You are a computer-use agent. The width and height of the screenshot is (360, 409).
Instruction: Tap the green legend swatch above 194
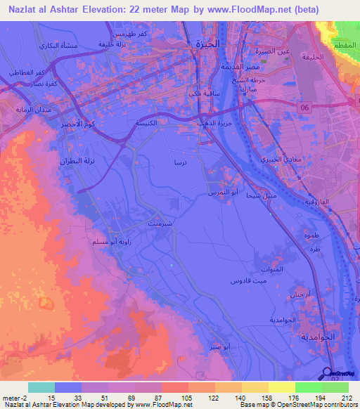308,387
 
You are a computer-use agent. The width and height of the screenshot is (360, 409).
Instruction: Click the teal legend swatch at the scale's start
41,387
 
